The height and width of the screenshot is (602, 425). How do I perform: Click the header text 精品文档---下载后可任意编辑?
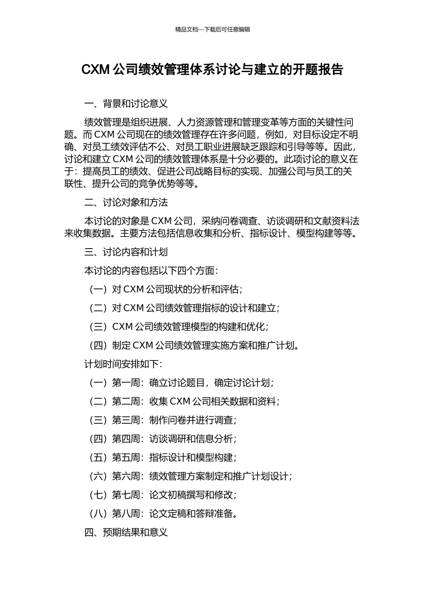212,30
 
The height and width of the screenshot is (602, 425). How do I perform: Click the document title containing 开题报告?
212,70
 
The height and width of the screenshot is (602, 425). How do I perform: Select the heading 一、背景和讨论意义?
126,104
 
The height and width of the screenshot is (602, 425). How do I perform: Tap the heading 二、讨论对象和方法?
126,202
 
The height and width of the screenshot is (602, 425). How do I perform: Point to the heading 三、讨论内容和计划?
126,252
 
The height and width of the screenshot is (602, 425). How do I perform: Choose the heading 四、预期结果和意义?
126,532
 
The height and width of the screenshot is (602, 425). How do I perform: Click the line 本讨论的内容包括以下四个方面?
151,271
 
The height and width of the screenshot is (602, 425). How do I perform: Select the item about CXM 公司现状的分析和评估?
166,289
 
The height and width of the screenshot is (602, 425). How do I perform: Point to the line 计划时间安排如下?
123,364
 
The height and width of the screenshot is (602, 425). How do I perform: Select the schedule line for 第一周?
182,383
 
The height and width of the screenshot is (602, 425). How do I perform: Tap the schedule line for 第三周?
163,420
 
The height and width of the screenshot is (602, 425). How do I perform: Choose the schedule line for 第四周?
163,439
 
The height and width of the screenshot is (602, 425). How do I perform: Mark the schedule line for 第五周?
163,458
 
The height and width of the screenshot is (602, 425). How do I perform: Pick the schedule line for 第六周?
191,476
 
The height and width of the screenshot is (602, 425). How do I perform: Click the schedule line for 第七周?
163,495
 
